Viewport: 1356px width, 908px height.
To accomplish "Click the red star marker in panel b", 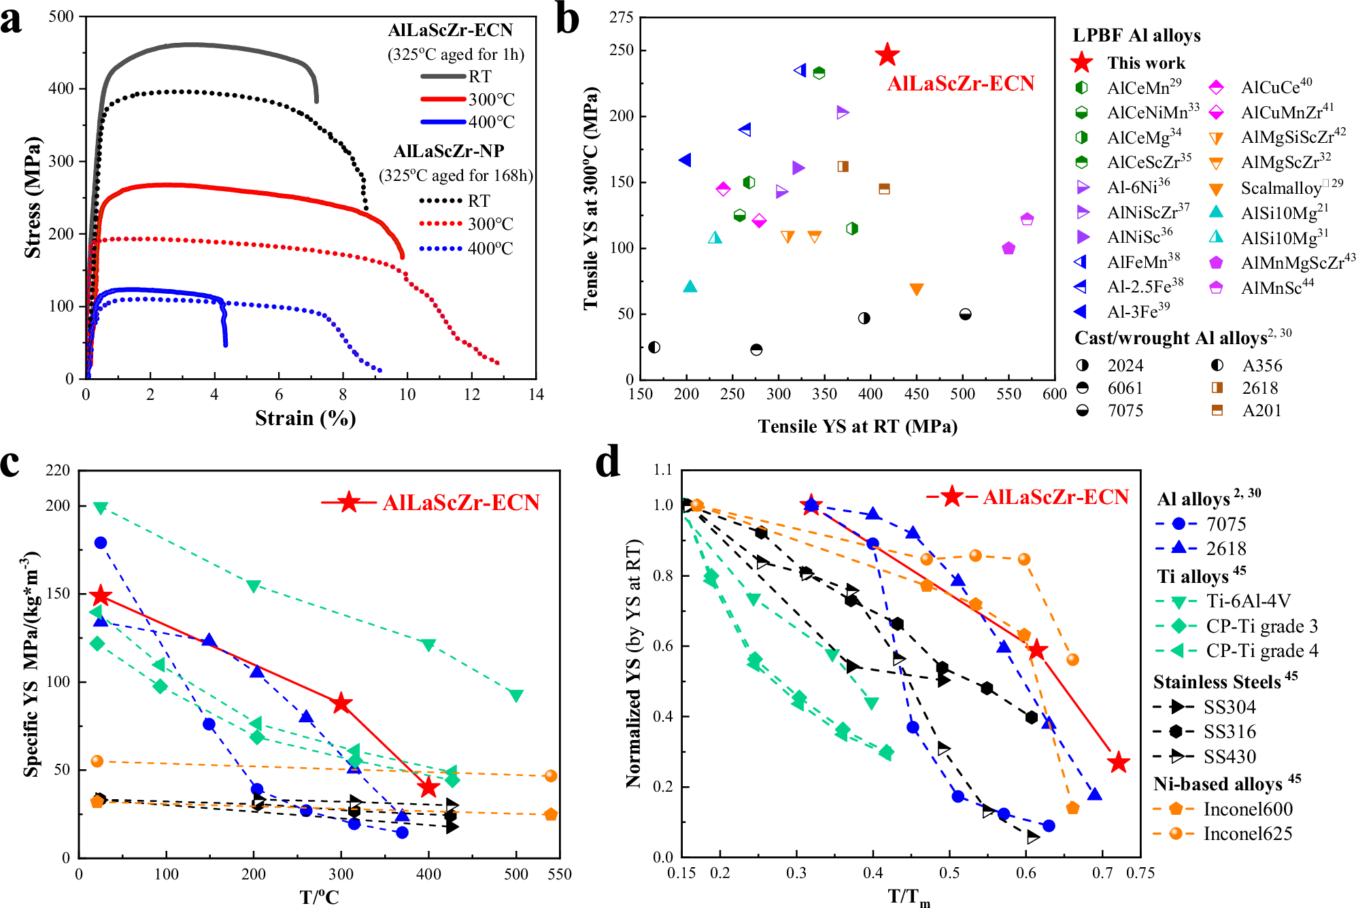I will (887, 54).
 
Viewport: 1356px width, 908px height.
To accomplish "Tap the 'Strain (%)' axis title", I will (305, 418).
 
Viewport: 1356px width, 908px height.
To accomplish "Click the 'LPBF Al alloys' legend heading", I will (1136, 35).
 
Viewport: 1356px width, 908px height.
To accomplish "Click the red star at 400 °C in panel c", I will (428, 788).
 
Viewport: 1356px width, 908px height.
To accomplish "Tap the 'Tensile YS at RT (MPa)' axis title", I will (858, 426).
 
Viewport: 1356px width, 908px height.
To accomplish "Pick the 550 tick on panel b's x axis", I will (1008, 394).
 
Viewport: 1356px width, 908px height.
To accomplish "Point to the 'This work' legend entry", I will (1146, 63).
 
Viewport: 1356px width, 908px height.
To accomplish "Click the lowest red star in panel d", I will (1117, 762).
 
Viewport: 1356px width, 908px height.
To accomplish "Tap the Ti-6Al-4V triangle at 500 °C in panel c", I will (515, 695).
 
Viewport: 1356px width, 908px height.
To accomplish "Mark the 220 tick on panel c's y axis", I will (58, 471).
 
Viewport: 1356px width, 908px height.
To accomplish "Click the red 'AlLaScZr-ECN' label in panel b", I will (960, 83).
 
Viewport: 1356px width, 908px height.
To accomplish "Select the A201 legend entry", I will (1261, 411).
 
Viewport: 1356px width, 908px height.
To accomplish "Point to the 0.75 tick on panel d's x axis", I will (1140, 873).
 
